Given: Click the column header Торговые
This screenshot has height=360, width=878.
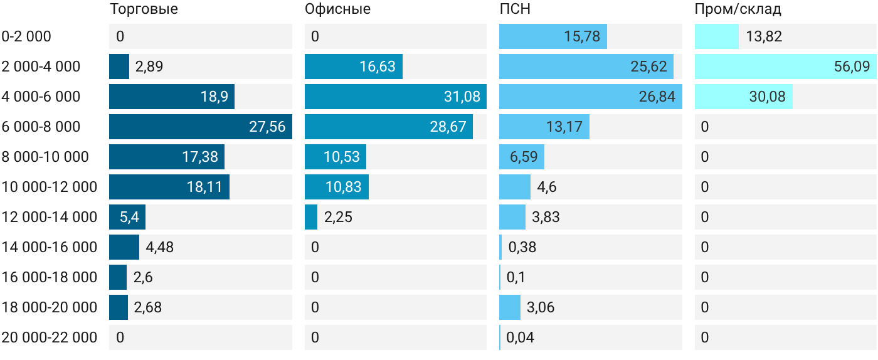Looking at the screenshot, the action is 144,9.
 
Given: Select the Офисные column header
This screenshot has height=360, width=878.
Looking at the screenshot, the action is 337,9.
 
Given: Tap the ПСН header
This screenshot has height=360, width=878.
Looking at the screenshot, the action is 515,9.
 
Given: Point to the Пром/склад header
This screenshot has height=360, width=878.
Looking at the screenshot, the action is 738,9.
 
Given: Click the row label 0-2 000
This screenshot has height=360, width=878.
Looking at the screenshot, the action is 26,36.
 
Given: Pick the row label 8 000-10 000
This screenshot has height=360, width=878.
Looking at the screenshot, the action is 45,157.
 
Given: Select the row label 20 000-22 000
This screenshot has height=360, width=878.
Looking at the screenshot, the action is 50,337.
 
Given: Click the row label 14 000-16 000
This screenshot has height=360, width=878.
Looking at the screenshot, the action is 50,247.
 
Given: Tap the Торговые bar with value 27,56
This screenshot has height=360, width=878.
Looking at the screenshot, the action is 201,127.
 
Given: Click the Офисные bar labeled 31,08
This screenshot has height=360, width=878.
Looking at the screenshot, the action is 396,97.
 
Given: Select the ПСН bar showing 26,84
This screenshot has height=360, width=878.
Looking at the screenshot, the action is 591,97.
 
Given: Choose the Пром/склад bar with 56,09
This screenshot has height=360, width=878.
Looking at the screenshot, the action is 785,66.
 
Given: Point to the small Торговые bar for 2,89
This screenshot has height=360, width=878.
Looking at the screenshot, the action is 119,66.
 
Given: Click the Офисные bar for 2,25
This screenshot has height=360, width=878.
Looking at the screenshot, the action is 311,217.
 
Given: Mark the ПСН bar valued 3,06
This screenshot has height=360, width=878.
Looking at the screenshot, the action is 510,307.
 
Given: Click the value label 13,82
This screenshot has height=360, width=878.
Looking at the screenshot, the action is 764,36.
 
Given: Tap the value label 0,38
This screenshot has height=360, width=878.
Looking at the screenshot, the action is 522,247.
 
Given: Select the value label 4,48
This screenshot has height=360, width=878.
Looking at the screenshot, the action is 159,247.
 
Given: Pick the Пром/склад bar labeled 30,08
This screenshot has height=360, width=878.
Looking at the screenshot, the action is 744,97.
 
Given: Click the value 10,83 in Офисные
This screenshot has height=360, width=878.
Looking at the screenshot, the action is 344,187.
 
